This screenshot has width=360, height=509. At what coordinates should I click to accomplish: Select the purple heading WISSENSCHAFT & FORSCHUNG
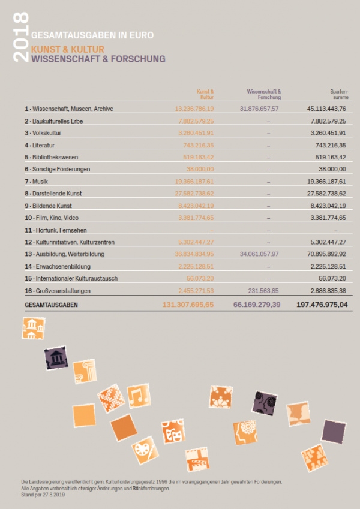point(98,59)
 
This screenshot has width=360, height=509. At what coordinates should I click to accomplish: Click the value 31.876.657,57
point(259,109)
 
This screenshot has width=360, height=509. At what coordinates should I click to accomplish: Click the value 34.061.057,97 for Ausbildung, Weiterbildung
point(259,254)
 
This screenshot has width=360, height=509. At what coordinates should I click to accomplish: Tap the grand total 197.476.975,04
point(314,305)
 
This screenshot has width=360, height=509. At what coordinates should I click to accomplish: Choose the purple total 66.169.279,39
point(256,305)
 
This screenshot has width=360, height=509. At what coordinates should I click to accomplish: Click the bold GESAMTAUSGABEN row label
point(52,305)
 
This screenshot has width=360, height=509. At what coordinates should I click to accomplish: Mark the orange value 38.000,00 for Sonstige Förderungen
point(200,169)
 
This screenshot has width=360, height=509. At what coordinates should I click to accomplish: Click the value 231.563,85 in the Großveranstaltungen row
point(265,290)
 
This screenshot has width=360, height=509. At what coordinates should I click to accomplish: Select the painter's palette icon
point(143,448)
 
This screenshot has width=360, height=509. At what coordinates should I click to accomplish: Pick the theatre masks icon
point(174,431)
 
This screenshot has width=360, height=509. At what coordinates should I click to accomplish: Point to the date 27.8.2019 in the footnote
point(52,495)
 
